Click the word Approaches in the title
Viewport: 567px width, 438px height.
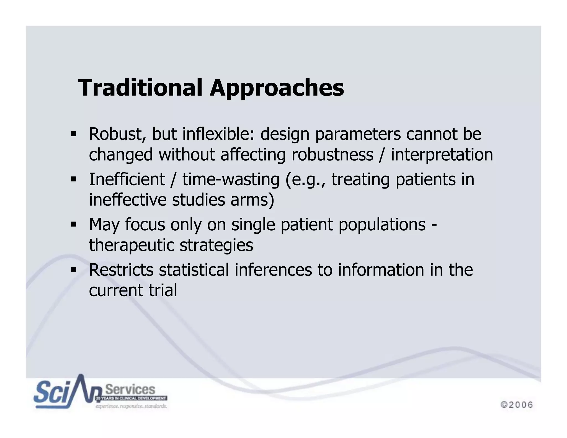[277, 88]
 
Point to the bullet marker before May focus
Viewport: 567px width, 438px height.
[73, 224]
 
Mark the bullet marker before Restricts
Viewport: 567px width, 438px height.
[73, 270]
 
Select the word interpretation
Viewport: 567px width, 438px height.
[442, 154]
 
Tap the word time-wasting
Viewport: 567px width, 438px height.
[231, 179]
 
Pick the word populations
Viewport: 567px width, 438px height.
[382, 224]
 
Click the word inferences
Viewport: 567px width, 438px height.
[273, 270]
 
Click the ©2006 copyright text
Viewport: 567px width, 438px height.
[517, 405]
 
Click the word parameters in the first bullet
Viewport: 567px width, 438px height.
[358, 134]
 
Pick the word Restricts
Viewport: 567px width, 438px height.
[121, 270]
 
